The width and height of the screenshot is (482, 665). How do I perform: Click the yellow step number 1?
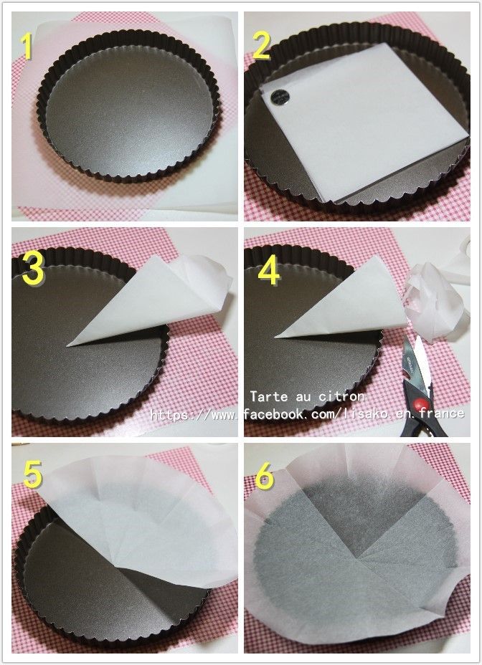pos(27,47)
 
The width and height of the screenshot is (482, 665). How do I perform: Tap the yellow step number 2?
pos(261,45)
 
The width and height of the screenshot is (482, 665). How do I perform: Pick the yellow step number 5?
pos(33,474)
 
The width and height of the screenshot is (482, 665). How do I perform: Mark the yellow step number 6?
pos(265,476)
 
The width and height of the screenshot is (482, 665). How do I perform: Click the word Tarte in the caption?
pos(265,396)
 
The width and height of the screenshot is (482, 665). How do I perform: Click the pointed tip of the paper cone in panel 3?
pos(68,345)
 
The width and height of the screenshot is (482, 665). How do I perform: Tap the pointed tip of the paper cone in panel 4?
pos(276,338)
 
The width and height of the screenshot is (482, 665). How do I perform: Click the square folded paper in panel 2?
pos(364,123)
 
